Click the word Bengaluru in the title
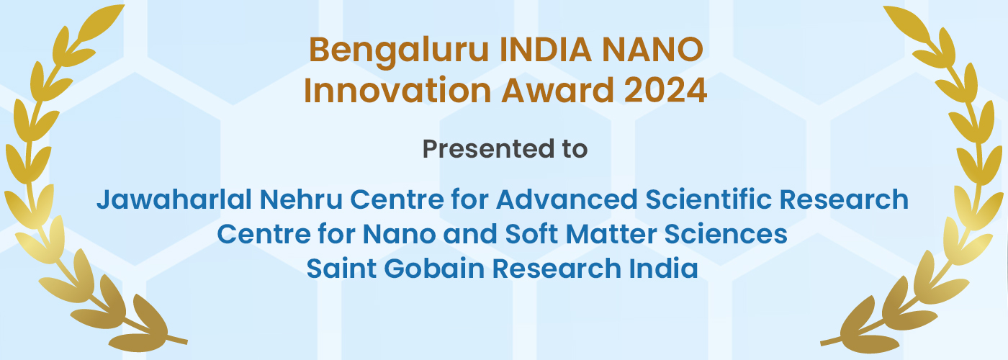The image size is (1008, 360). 399,51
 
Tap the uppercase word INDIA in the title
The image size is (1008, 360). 546,50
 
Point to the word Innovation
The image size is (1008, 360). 397,91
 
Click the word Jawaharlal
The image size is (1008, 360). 174,199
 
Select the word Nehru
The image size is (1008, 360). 301,199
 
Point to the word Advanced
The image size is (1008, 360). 567,199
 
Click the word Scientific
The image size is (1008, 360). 708,199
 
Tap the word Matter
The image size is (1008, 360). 611,234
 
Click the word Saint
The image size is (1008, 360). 341,268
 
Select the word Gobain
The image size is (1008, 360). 433,268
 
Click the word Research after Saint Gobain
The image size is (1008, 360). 556,268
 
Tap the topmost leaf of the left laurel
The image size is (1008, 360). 102,22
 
